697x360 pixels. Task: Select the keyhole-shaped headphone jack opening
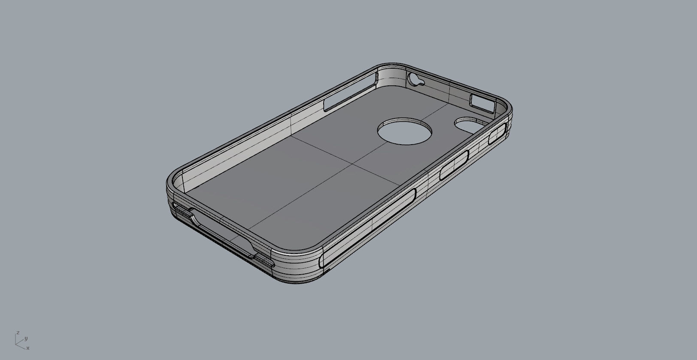[416, 80]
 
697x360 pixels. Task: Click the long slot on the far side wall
[349, 92]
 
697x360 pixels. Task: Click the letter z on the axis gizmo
[18, 333]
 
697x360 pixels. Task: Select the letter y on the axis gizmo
[26, 338]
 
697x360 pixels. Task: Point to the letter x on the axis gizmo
[28, 348]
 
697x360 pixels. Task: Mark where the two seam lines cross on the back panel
[353, 163]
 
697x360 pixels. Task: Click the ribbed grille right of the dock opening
[264, 260]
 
